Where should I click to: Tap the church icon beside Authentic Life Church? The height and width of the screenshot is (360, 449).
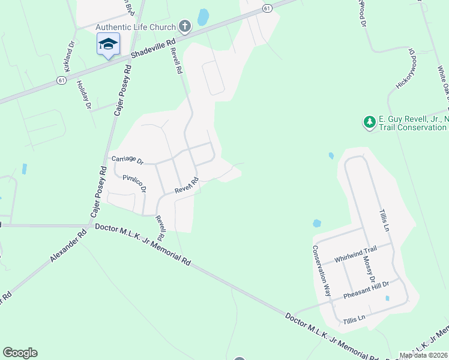point(185,26)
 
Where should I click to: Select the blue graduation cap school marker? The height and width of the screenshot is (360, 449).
point(108,44)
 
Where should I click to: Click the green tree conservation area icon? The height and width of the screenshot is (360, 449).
point(369,122)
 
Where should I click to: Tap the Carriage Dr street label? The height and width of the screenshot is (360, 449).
point(128,160)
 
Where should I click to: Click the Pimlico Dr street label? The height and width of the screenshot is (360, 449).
point(134,183)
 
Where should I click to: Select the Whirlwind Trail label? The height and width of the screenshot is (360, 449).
point(355,257)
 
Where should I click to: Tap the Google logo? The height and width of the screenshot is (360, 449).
point(20,353)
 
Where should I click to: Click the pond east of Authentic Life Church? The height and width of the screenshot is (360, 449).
point(203,17)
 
